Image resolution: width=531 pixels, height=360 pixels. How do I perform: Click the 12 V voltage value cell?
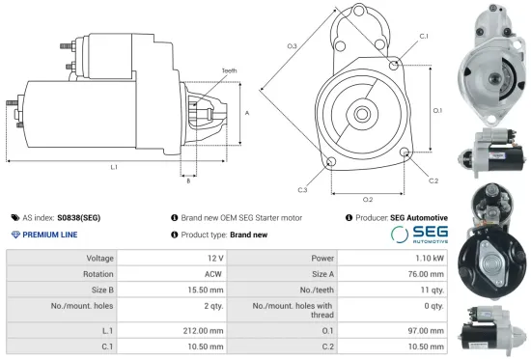[214, 259]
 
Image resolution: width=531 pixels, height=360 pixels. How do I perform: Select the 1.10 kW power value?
[431, 259]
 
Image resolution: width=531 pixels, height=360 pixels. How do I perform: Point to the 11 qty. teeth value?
[430, 289]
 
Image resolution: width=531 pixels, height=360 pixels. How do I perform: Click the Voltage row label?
[100, 259]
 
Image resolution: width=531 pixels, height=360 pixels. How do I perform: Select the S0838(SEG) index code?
[78, 218]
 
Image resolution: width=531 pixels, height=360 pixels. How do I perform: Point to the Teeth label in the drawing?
[229, 70]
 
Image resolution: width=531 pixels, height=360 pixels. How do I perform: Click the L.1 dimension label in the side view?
[114, 168]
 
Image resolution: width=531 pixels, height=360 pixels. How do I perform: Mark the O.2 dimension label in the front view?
[368, 199]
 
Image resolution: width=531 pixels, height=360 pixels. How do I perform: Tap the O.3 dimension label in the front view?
[293, 45]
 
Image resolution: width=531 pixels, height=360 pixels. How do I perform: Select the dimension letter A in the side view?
[247, 113]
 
